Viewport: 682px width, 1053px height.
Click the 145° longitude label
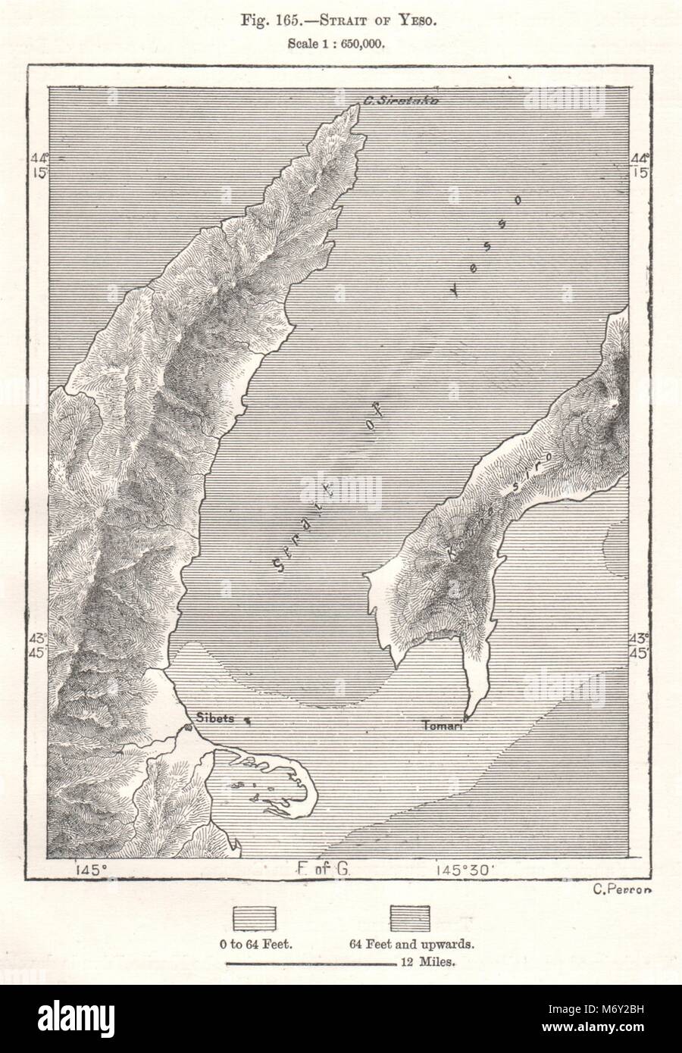[90, 870]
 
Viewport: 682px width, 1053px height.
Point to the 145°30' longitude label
[467, 870]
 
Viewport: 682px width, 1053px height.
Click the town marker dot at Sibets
[186, 729]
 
